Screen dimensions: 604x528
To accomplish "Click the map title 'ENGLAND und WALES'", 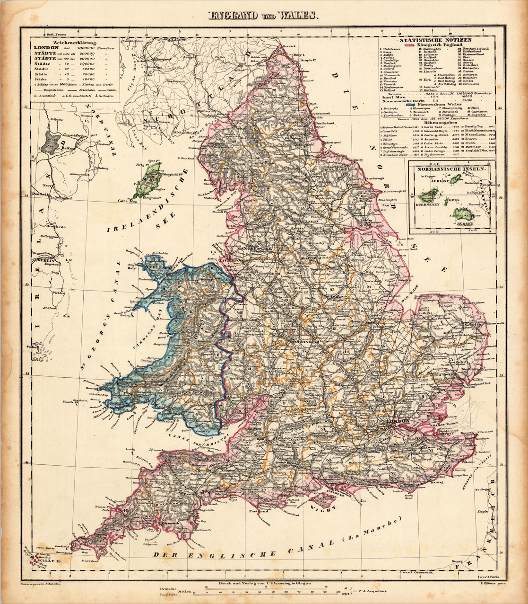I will coord(264,16).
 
